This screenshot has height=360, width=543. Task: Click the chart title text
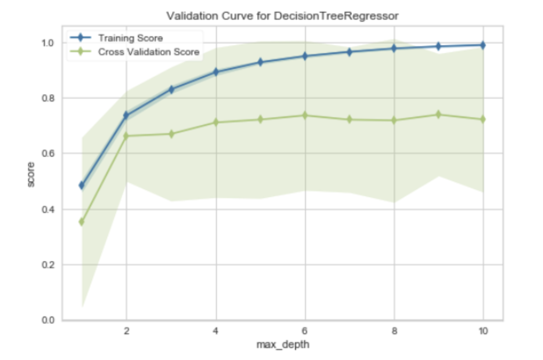tap(282, 16)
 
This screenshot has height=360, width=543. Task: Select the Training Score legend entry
tap(130, 38)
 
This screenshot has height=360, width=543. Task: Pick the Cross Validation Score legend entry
tap(148, 52)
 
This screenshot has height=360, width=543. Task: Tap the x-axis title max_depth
tap(282, 345)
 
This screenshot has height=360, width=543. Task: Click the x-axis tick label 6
tap(305, 331)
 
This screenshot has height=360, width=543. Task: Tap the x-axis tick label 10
tap(483, 331)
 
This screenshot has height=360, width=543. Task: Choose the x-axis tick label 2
tap(127, 331)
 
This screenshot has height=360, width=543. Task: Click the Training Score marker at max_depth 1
tap(82, 185)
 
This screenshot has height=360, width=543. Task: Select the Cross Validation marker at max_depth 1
tap(82, 222)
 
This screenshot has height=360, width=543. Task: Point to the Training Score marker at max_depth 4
tap(216, 72)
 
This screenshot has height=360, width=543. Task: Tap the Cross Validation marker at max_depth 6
tap(305, 115)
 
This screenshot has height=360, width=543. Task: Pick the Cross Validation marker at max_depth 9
tap(438, 115)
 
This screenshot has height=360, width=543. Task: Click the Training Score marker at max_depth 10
tap(483, 45)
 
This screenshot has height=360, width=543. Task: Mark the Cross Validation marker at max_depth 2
tap(127, 136)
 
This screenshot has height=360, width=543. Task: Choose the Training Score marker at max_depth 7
tap(350, 52)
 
